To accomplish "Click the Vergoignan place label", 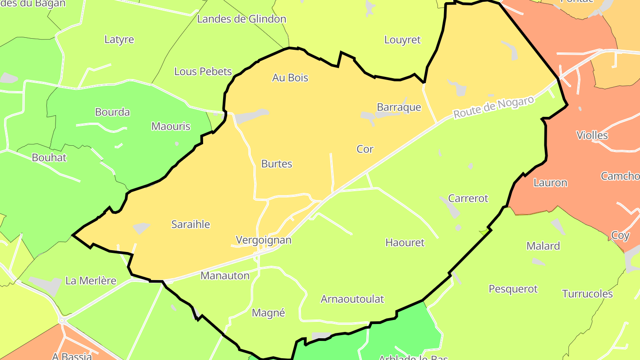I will pos(264,240).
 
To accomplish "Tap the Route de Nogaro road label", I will pos(493,108).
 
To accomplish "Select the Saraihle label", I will pos(191,224).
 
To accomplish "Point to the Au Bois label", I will pos(290,78).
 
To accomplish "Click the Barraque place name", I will pos(399,107).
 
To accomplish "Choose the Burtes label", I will pos(276,164).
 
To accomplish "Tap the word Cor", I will pos(365,149).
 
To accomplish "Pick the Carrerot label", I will pos(468,198).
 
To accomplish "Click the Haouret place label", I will pos(405,243).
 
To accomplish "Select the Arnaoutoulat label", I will pos(352,299).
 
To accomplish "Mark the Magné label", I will pos(268,313).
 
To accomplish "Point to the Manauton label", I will pos(225,276).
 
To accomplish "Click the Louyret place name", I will pos(402,40).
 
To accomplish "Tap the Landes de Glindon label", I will pos(241,19).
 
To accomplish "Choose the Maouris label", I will pos(171,126).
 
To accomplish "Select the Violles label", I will pos(592,135).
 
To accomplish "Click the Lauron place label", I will pos(550,183).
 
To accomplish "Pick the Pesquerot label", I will pos(513,289).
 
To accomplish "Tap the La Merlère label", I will pos(91,281).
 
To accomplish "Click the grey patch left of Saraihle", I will pos(141,228).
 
